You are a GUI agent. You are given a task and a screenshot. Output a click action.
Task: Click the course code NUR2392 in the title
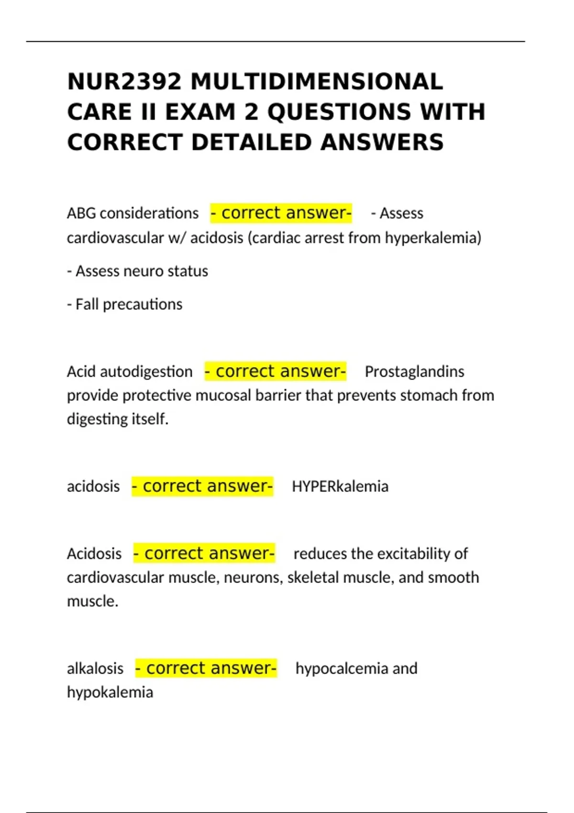124,82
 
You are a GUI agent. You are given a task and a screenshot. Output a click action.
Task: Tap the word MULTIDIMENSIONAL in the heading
317,82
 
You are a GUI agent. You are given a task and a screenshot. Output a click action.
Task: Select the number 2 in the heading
251,112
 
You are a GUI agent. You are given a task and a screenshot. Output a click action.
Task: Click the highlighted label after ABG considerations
281,213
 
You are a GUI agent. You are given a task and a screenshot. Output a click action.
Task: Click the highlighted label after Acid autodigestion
276,372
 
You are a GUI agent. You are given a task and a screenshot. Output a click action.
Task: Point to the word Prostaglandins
414,372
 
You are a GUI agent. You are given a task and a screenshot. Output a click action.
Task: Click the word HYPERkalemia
340,486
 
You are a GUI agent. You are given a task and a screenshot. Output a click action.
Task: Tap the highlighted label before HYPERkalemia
202,486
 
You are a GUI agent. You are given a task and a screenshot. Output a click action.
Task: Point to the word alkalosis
95,669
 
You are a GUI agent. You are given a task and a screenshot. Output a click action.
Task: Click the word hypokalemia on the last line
110,692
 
